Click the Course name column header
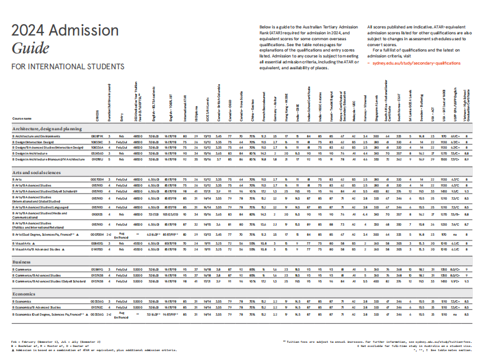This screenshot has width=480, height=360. pos(21,118)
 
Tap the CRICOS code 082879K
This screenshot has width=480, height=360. pos(97,136)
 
